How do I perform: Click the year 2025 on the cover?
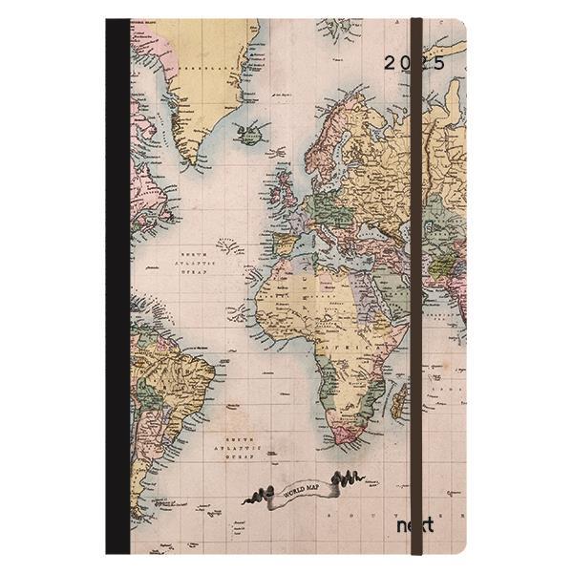click(x=414, y=64)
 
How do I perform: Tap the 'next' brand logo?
click(x=414, y=525)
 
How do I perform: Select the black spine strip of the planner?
click(x=117, y=286)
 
